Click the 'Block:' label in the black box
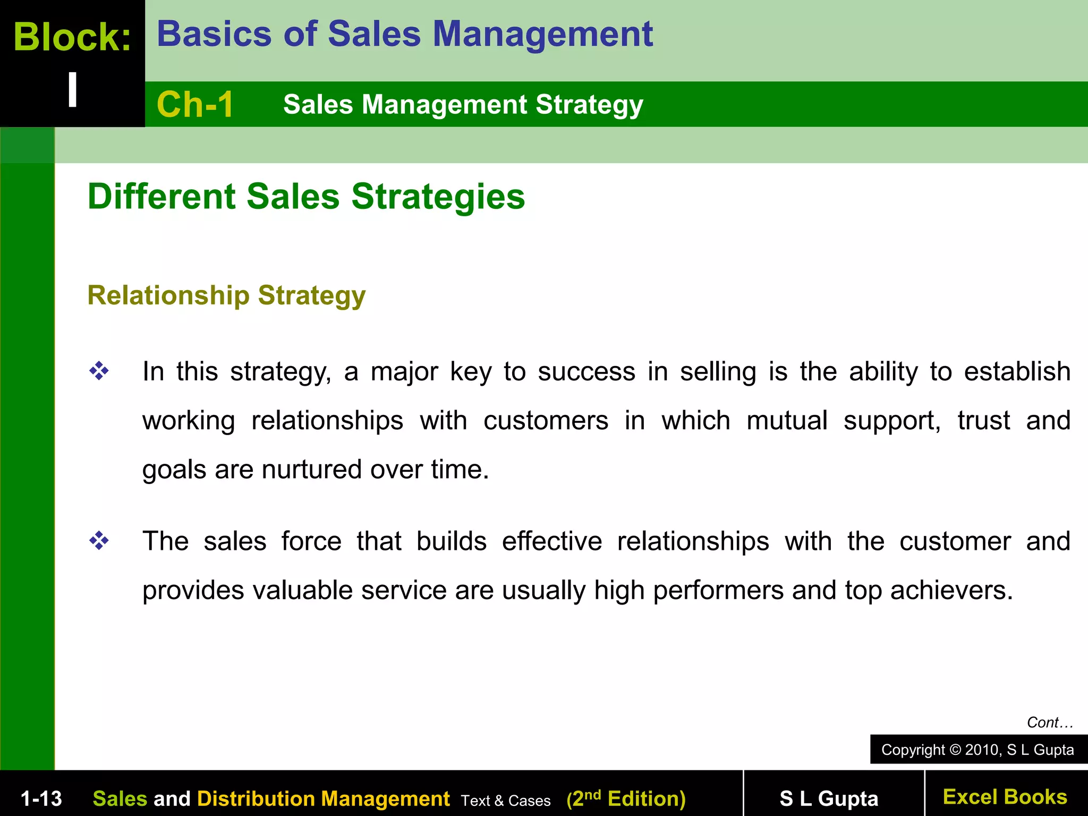coord(72,37)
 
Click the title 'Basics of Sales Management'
coord(404,34)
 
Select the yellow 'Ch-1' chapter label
coord(195,104)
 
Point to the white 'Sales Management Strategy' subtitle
coord(463,104)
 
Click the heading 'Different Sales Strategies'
coord(306,197)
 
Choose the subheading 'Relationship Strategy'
coord(226,295)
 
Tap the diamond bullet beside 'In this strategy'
coord(99,371)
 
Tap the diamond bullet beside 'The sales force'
coord(99,541)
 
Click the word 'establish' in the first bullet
coord(1017,371)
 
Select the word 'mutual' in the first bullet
coord(787,420)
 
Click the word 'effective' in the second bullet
coord(552,541)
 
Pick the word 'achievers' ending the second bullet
coord(951,590)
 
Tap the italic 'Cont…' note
coord(1050,722)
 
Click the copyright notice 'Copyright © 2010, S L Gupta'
coord(977,750)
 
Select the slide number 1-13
coord(41,798)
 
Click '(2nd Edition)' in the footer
coord(626,798)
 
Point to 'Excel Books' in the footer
coord(1005,797)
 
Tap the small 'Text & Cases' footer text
coord(506,801)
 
